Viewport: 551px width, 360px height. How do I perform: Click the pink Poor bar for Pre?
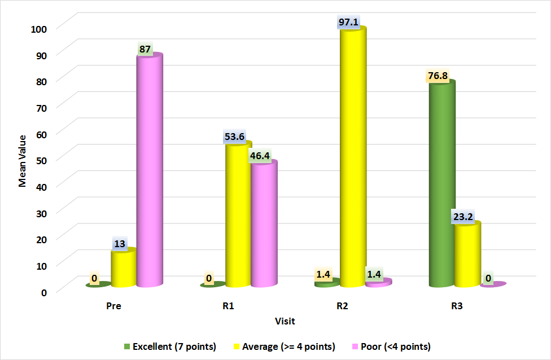(x=150, y=169)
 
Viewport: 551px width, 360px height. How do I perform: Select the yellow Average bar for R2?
(x=352, y=158)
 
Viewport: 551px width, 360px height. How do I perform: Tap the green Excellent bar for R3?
(x=441, y=183)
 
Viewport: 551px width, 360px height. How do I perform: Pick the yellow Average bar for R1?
(x=238, y=214)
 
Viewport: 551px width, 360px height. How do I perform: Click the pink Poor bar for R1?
(x=264, y=223)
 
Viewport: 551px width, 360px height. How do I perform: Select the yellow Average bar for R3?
(x=467, y=254)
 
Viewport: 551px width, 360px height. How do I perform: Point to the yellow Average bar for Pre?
(x=123, y=268)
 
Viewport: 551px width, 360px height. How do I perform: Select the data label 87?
(x=145, y=49)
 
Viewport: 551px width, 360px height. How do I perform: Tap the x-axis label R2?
(x=342, y=307)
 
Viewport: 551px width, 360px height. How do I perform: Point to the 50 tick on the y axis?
(x=45, y=159)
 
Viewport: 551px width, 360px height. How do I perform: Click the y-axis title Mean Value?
(x=23, y=161)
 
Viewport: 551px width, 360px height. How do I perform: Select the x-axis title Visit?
(x=285, y=321)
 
